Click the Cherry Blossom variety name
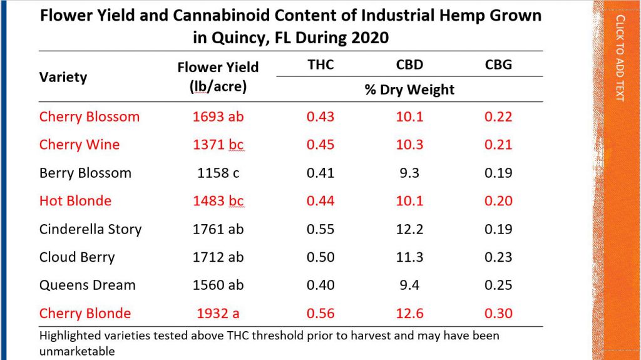89,116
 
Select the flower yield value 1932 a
218,313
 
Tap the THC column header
320,64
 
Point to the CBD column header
409,64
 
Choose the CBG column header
498,64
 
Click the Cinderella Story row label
90,229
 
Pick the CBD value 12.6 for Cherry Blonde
409,313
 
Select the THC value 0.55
320,229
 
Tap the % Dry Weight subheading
409,90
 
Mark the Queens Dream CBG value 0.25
498,285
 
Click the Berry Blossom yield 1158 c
218,173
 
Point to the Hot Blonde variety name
75,201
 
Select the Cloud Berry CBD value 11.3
409,257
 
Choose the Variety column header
63,77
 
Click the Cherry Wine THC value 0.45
320,145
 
